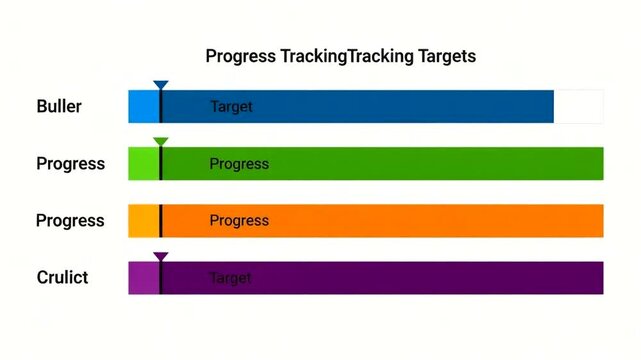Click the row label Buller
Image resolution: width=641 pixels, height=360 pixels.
coord(59,106)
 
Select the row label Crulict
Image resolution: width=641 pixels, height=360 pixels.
coord(62,277)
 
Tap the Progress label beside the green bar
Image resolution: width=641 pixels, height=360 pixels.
coord(70,163)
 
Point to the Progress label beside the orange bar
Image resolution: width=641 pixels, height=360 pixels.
coord(70,220)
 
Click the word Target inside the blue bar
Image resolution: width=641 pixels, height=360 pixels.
coord(231,106)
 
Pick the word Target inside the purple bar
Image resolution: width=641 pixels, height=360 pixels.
coord(230,277)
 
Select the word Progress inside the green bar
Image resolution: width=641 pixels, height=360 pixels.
coord(239,164)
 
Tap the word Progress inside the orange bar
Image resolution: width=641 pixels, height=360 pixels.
coord(239,220)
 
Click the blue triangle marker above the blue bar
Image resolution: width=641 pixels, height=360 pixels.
coord(161,86)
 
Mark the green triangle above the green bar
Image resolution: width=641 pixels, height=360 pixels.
coord(161,142)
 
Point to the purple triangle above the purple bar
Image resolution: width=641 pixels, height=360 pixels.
coord(161,257)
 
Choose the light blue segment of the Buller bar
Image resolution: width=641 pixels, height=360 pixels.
coord(143,106)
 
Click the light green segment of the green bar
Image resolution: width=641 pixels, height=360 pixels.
coord(143,163)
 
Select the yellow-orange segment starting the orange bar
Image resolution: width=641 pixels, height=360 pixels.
coord(143,220)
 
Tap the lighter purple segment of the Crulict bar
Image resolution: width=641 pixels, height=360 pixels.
coord(143,277)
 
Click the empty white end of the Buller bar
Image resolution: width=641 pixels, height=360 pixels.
coord(579,106)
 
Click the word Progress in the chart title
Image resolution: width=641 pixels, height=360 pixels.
coord(241,56)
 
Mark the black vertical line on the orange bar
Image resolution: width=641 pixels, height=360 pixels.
coord(160,220)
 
